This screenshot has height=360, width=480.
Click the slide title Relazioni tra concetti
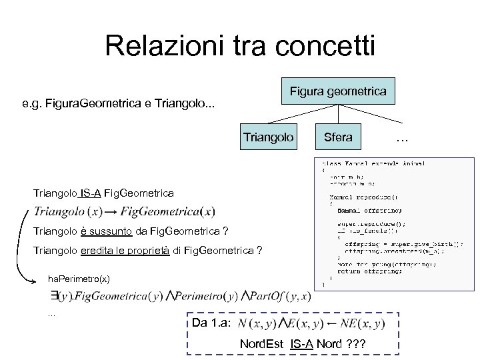pos(240,46)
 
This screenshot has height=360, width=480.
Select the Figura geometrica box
pos(337,90)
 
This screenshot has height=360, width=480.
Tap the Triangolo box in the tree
pos(268,137)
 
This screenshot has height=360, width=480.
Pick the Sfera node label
pos(337,137)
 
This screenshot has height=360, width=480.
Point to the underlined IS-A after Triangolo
pos(90,193)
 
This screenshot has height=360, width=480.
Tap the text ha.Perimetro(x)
pos(79,277)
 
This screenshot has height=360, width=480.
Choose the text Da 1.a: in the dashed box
pos(211,323)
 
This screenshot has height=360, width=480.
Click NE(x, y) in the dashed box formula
pos(361,323)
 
